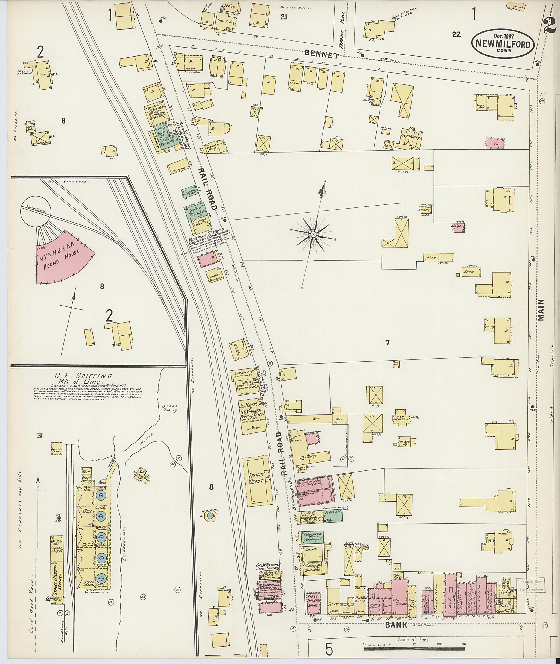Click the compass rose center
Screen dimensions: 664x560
coord(313,235)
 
